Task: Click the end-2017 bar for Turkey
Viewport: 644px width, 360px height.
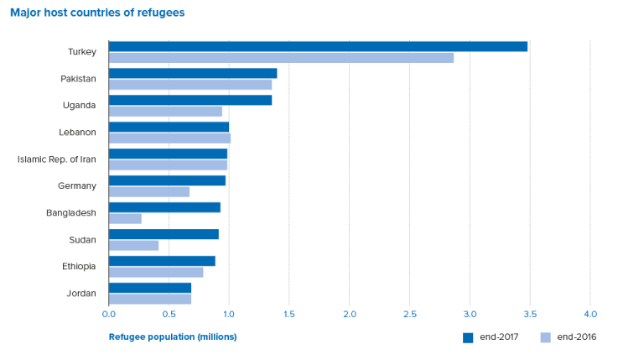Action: click(x=318, y=46)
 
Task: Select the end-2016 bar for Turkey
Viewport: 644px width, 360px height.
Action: click(x=281, y=58)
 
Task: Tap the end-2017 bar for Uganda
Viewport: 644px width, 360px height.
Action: click(x=190, y=100)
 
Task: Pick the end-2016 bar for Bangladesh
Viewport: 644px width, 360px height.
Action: click(x=125, y=219)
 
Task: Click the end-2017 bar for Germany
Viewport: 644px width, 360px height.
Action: click(x=167, y=180)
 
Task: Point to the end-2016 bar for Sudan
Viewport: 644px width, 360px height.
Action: click(x=133, y=246)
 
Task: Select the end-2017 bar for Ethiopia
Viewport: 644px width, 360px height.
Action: click(x=162, y=261)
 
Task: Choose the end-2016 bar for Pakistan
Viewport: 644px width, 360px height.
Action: click(x=190, y=85)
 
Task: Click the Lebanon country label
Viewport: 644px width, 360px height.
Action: click(x=78, y=133)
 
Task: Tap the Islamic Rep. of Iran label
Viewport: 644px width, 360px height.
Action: click(x=57, y=159)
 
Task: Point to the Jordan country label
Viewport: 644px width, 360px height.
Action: click(x=81, y=294)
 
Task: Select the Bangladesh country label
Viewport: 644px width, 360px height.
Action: click(x=71, y=213)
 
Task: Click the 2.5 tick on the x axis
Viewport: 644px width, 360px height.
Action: click(x=409, y=315)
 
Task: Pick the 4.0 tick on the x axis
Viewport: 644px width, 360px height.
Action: click(x=589, y=315)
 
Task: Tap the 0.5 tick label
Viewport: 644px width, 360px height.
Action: click(x=169, y=315)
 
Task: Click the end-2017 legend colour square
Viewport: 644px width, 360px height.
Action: click(x=468, y=337)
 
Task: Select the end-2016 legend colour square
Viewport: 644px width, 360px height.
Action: click(x=546, y=337)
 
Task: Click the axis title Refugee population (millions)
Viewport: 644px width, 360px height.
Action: click(x=173, y=337)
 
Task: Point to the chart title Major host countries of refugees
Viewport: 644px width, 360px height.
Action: click(x=97, y=13)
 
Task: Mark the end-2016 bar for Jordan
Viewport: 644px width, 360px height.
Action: click(x=150, y=300)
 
